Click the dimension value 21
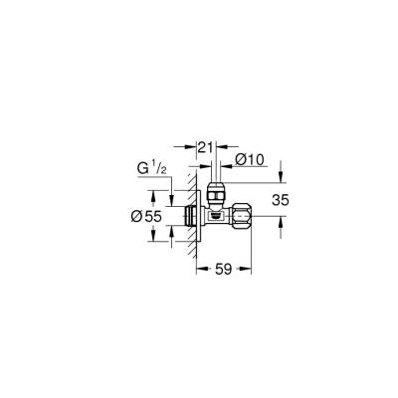[206, 148]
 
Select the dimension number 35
[281, 199]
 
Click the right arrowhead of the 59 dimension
[249, 267]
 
